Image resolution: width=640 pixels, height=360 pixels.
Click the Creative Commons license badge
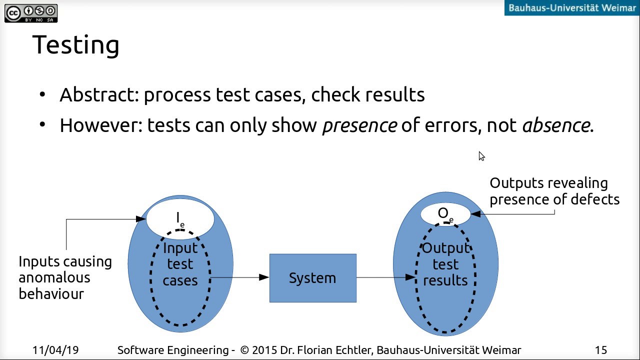pos(31,13)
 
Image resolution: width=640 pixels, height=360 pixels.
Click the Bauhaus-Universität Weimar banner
pos(571,7)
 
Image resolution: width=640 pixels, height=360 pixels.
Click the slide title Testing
pos(76,45)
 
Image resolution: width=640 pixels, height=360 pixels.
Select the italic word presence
pos(359,125)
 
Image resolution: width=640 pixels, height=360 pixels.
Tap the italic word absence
pos(556,125)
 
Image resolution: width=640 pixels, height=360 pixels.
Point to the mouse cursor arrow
pos(481,156)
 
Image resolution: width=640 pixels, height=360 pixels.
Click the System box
pos(313,278)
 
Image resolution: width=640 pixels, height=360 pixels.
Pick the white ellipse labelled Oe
pos(445,214)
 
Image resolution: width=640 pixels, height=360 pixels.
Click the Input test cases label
pos(180,264)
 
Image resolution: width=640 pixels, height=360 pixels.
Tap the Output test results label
pos(445,264)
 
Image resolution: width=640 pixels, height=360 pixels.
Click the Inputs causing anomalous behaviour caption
pos(65,277)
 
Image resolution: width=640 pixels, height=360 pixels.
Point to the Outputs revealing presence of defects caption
pos(554,191)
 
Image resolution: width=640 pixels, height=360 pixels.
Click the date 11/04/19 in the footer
pos(55,350)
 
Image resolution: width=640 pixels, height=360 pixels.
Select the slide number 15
pos(601,350)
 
